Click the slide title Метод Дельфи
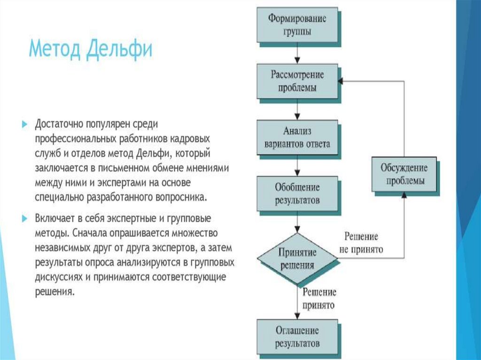pyautogui.click(x=91, y=49)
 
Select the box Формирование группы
pyautogui.click(x=297, y=24)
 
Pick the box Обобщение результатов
pyautogui.click(x=297, y=193)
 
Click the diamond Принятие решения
pyautogui.click(x=297, y=258)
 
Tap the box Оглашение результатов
pyautogui.click(x=297, y=337)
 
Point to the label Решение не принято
pyautogui.click(x=361, y=243)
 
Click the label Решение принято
pyautogui.click(x=319, y=299)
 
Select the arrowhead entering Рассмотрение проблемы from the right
pyautogui.click(x=341, y=81)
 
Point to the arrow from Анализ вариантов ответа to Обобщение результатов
pyautogui.click(x=297, y=166)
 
